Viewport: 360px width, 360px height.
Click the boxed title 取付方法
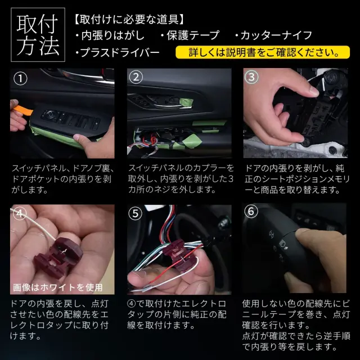click(x=38, y=35)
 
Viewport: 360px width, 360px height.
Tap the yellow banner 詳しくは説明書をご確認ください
click(x=263, y=52)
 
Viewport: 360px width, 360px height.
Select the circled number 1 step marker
click(x=20, y=79)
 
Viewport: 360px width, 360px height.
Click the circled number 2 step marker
click(x=136, y=78)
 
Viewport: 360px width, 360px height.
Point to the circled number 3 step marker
click(x=251, y=77)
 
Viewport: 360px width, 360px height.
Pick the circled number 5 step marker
click(x=135, y=214)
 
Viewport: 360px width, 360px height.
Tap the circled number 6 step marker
click(x=251, y=211)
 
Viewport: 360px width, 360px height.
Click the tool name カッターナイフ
click(x=274, y=35)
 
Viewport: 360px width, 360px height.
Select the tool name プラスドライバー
click(x=118, y=52)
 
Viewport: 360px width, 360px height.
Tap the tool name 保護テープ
click(x=190, y=35)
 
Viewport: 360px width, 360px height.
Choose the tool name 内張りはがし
click(x=110, y=35)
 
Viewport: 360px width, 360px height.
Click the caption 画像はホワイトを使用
click(x=57, y=287)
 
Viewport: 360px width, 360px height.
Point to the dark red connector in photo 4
click(x=58, y=258)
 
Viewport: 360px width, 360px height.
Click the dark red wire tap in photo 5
click(x=179, y=255)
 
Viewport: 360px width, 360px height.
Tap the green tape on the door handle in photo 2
click(x=186, y=102)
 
